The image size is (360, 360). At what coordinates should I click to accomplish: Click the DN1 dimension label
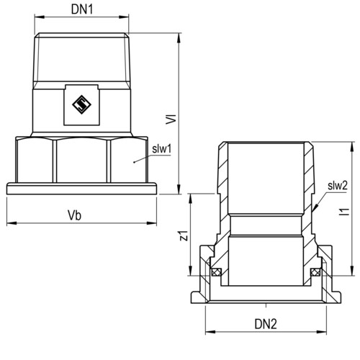pyautogui.click(x=82, y=9)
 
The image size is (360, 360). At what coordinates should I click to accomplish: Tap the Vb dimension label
pyautogui.click(x=74, y=215)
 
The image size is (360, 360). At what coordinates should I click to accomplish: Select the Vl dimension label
pyautogui.click(x=171, y=120)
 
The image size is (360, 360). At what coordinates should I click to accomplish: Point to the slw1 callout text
pyautogui.click(x=162, y=149)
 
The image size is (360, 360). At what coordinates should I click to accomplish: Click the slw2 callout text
pyautogui.click(x=338, y=186)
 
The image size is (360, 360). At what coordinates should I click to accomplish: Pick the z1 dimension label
pyautogui.click(x=184, y=235)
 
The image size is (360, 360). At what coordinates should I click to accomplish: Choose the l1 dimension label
pyautogui.click(x=345, y=212)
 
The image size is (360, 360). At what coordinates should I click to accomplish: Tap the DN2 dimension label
pyautogui.click(x=266, y=324)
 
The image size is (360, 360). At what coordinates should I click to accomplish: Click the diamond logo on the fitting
pyautogui.click(x=81, y=104)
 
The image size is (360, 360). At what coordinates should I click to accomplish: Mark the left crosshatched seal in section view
pyautogui.click(x=216, y=272)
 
